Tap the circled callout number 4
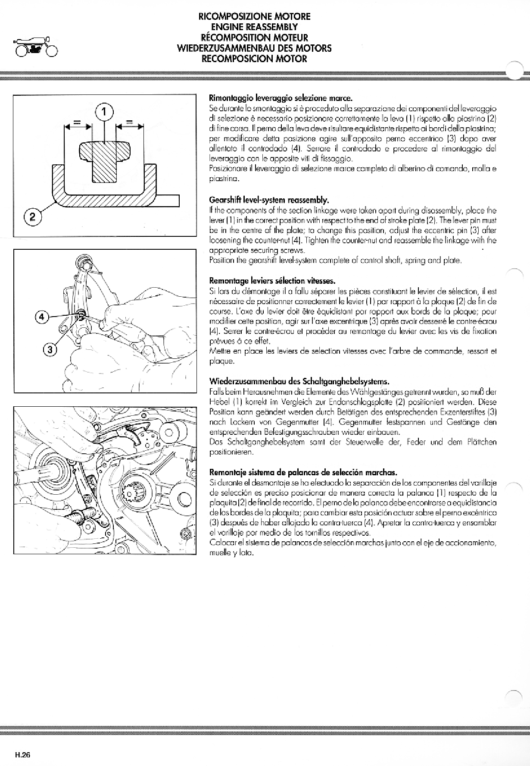(41, 317)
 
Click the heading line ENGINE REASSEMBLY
(254, 27)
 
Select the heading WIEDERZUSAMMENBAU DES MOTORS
(254, 48)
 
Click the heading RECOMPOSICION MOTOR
(254, 58)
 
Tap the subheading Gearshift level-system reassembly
(268, 200)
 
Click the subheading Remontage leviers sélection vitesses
(272, 282)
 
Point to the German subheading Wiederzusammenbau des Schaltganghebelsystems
(299, 382)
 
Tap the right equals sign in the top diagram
(129, 122)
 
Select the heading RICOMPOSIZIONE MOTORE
(254, 17)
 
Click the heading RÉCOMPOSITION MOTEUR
(254, 38)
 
